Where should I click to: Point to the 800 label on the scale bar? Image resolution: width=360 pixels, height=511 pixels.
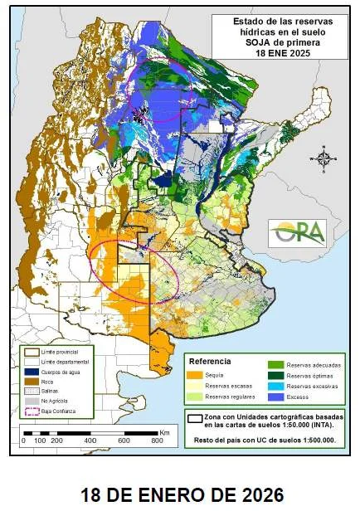point(156,440)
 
